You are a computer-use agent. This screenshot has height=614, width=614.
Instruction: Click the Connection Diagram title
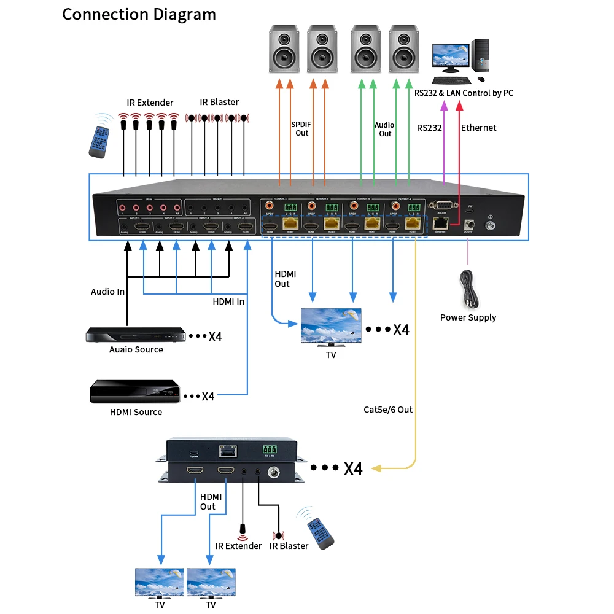point(139,14)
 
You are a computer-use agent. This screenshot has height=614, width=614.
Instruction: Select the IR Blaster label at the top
point(219,102)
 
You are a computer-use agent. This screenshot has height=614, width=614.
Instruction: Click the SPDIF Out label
point(301,128)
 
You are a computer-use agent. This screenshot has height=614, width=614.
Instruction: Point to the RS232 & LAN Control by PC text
point(464,93)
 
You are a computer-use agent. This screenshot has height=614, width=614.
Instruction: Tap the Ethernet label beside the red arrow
point(478,128)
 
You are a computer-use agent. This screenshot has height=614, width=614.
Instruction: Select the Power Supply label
point(468,317)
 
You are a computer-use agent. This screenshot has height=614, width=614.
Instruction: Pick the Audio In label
point(107,292)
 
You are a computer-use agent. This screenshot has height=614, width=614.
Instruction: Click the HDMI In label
point(228,301)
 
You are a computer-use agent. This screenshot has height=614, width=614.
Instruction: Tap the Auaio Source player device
point(135,334)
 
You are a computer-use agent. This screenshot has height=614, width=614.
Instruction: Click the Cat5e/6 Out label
point(388,410)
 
